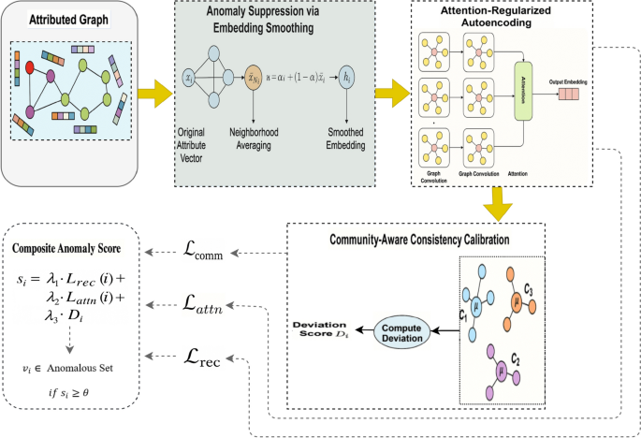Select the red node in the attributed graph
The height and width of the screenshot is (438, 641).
point(30,68)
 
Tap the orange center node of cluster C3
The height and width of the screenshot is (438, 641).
point(515,302)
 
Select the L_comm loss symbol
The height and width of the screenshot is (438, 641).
point(252,251)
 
